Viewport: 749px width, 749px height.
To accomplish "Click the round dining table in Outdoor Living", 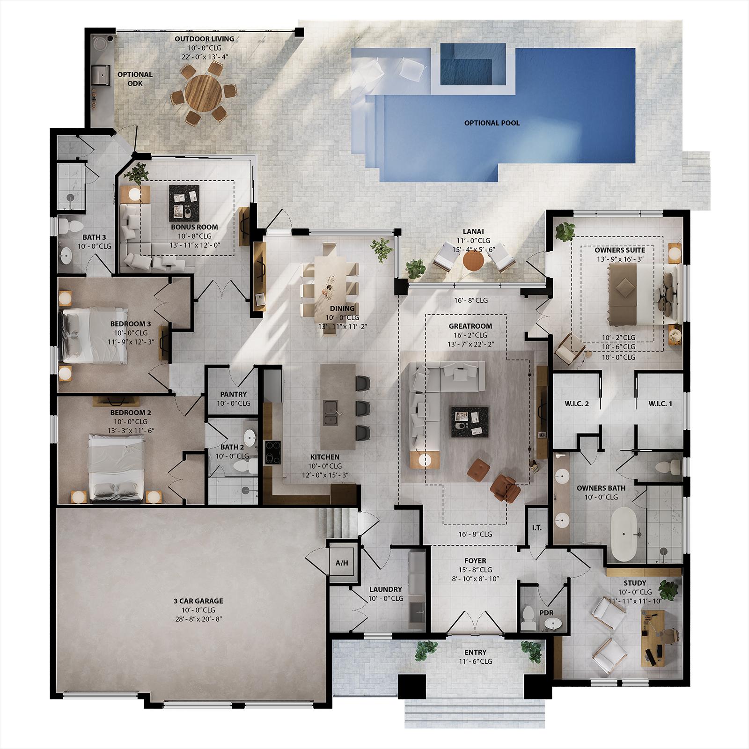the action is click(204, 92).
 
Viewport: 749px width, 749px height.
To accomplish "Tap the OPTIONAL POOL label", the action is click(492, 123).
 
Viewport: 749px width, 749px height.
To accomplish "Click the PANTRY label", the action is click(233, 394).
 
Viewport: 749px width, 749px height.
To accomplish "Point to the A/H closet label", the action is click(342, 563).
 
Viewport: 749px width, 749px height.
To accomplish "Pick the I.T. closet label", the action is click(536, 528).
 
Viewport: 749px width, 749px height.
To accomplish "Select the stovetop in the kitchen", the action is click(272, 453).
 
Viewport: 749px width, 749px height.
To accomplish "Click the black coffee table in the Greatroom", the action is click(470, 422).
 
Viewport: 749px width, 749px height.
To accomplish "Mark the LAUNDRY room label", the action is click(386, 589).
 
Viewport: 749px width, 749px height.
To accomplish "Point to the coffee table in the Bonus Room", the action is click(184, 203).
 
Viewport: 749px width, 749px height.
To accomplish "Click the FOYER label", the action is click(475, 561).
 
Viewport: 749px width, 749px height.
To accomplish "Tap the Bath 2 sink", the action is click(251, 437).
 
